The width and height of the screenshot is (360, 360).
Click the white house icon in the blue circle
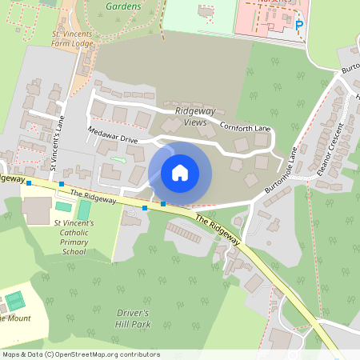(180, 173)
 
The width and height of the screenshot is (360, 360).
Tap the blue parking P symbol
(299, 25)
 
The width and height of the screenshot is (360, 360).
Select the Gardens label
(123, 6)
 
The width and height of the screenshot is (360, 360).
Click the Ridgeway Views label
(191, 117)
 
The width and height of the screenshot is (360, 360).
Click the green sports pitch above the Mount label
(14, 302)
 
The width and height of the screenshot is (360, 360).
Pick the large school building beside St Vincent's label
(35, 210)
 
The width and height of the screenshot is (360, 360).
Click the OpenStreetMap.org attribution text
(104, 354)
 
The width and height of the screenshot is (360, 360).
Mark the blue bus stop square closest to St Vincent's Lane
(61, 184)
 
